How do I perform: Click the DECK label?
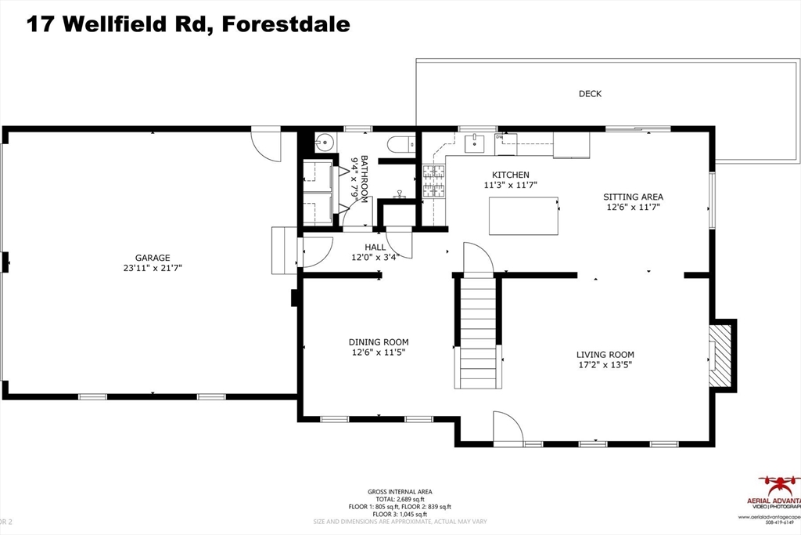click(x=590, y=94)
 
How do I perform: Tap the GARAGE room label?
click(x=153, y=258)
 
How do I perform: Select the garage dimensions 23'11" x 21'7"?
click(x=153, y=268)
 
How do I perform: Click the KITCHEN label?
click(x=510, y=175)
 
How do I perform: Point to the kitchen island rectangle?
click(x=523, y=216)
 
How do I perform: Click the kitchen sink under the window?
click(x=474, y=143)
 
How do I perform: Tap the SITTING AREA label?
click(x=633, y=197)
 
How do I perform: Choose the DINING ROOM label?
click(x=378, y=342)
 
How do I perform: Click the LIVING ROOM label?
click(x=605, y=354)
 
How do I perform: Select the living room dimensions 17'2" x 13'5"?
click(x=605, y=364)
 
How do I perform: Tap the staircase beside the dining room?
click(x=478, y=332)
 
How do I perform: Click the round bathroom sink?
click(x=324, y=143)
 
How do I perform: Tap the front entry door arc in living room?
click(x=508, y=430)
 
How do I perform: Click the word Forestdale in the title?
click(x=286, y=23)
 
